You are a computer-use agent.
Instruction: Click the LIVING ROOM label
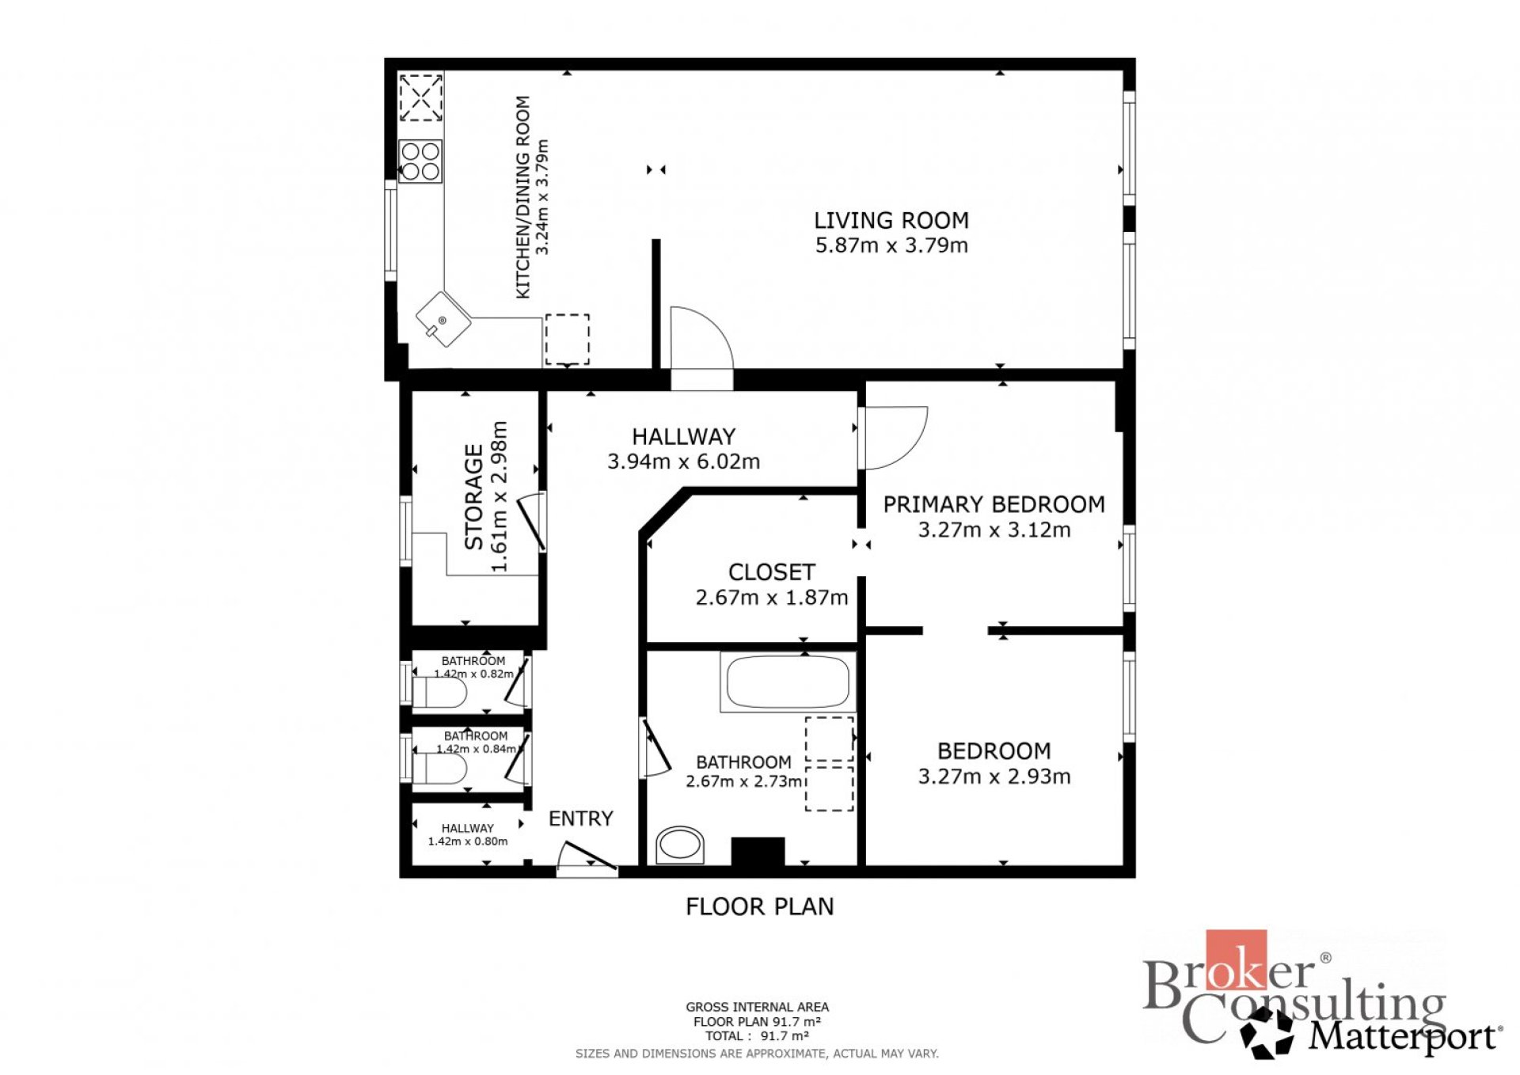(891, 220)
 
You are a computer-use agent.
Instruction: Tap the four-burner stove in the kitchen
(420, 161)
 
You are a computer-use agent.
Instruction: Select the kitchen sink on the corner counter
(443, 319)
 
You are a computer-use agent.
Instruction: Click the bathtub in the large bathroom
(788, 682)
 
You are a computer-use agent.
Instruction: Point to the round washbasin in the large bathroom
(680, 845)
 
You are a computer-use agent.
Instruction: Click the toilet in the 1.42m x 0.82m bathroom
(439, 693)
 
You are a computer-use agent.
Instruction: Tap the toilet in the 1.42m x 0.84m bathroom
(439, 769)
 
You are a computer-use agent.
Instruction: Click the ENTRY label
(581, 819)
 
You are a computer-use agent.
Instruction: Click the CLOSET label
(772, 572)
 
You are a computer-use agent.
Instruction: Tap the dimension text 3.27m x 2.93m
(994, 777)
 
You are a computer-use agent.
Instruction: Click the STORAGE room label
(473, 496)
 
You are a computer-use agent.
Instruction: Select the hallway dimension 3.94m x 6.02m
(684, 462)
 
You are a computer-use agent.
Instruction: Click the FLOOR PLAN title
(760, 906)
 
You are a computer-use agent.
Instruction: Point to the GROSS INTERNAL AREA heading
(758, 1007)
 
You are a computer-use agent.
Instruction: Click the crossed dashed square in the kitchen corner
(420, 97)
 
